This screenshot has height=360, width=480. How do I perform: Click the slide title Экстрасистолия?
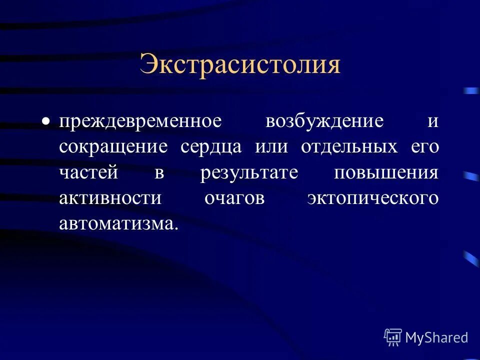(240, 65)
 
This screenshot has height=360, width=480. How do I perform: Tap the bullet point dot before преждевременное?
(46, 121)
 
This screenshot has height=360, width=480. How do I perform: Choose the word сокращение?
(112, 147)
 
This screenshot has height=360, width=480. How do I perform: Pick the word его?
(424, 147)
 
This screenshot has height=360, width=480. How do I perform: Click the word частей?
(89, 172)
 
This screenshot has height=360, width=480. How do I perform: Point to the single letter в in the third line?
(159, 173)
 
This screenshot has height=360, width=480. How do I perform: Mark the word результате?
(249, 173)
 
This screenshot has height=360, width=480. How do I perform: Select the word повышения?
(386, 173)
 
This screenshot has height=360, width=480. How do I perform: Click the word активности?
(110, 198)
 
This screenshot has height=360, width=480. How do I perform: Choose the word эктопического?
(373, 198)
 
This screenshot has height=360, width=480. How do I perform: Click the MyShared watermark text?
(436, 337)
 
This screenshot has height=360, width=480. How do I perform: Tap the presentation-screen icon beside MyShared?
(393, 337)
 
